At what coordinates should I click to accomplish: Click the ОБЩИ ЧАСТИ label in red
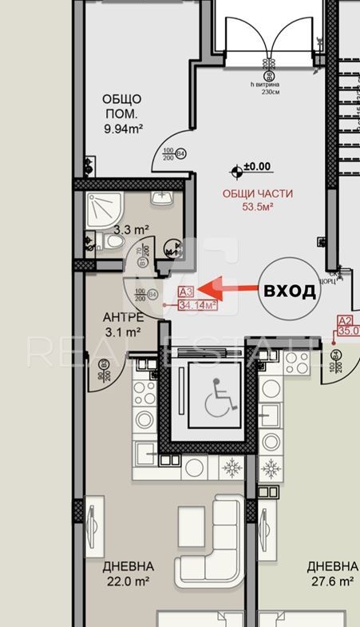click(x=257, y=193)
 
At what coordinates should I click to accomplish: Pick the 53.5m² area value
click(x=258, y=207)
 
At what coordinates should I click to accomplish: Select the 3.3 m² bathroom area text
click(x=132, y=230)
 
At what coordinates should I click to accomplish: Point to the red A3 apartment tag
click(x=187, y=292)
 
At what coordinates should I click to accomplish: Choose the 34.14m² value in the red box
click(x=198, y=304)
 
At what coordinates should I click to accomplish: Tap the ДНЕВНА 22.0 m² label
click(x=129, y=574)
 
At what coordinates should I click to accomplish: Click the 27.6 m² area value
click(x=331, y=581)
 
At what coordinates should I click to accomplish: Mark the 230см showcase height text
click(x=271, y=90)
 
